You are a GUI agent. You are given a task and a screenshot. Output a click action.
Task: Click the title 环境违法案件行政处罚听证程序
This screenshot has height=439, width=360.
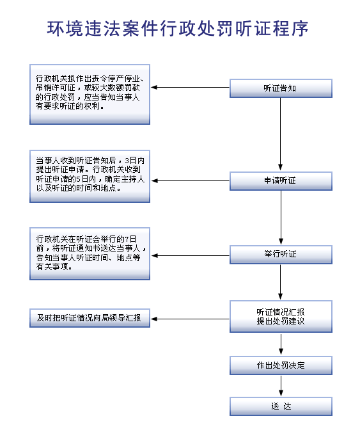pyautogui.click(x=178, y=29)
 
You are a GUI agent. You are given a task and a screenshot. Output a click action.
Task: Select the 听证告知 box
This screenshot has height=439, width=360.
pyautogui.click(x=281, y=88)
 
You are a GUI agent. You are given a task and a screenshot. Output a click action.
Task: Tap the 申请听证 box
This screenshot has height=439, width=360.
pyautogui.click(x=281, y=181)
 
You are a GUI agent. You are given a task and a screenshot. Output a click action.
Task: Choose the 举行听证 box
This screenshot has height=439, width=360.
pyautogui.click(x=281, y=255)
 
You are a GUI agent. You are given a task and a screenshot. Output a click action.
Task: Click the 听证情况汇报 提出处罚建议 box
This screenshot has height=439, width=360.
pyautogui.click(x=281, y=317)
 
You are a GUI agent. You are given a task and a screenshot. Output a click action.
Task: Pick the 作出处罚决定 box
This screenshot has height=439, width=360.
pyautogui.click(x=281, y=365)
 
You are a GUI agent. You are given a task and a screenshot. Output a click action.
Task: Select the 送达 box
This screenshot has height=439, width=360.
pyautogui.click(x=281, y=406)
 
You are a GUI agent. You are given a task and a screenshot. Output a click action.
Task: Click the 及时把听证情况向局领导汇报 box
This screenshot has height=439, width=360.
pyautogui.click(x=90, y=318)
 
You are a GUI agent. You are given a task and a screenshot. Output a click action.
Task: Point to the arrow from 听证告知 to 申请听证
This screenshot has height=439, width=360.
pyautogui.click(x=280, y=134)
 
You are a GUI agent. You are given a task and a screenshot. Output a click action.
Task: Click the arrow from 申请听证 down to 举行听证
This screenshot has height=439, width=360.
pyautogui.click(x=281, y=218)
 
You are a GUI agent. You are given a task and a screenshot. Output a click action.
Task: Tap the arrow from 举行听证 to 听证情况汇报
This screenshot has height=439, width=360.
pyautogui.click(x=280, y=282)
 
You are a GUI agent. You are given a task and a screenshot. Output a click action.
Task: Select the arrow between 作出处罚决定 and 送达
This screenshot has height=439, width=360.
pyautogui.click(x=281, y=385)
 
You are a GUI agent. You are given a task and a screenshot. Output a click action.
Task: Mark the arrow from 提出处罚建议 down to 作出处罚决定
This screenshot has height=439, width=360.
pyautogui.click(x=281, y=344)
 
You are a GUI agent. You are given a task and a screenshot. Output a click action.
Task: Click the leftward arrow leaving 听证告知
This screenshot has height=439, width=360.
pyautogui.click(x=190, y=87)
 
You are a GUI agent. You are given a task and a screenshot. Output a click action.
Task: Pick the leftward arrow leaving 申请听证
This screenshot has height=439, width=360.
pyautogui.click(x=190, y=181)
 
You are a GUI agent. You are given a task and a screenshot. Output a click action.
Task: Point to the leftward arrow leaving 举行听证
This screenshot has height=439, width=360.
pyautogui.click(x=190, y=255)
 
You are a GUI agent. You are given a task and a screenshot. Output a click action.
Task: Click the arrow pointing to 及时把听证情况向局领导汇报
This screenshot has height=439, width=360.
pyautogui.click(x=190, y=319)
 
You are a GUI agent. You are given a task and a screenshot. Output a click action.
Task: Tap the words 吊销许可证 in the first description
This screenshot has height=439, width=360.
pyautogui.click(x=56, y=88)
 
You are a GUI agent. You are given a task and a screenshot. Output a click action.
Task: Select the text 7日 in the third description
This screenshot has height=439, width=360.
pyautogui.click(x=130, y=239)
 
